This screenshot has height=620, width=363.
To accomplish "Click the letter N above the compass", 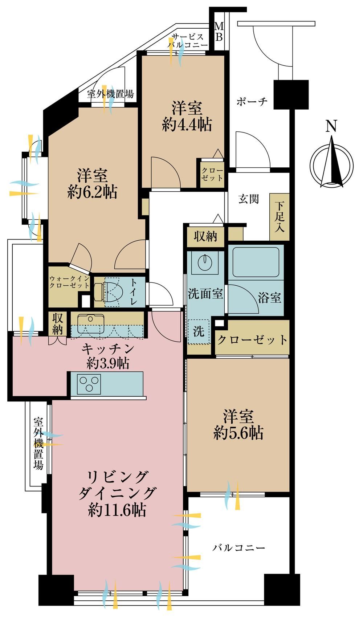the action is tap(331, 126).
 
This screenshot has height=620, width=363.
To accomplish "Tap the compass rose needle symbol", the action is tap(332, 165).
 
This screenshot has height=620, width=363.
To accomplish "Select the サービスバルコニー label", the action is tap(187, 40).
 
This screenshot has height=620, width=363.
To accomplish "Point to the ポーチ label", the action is tap(252, 102).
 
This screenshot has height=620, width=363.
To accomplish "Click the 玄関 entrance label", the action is tap(248, 199).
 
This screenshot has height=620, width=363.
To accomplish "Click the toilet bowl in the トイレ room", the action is tap(106, 292).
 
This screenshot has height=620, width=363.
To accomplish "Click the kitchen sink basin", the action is tap(91, 323).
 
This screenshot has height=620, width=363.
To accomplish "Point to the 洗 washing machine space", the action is tap(199, 331).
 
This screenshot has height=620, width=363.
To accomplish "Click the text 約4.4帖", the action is tap(187, 125).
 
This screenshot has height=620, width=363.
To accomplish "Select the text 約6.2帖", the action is tap(92, 192).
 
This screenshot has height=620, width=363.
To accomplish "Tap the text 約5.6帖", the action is tap(238, 433).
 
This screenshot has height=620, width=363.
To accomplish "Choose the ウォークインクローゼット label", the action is tap(69, 282).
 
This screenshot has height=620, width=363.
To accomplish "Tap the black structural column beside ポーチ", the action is tap(291, 95).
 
